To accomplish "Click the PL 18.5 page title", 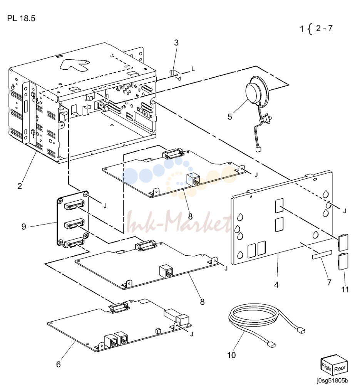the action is pyautogui.click(x=21, y=18).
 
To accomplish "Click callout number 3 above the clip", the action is pyautogui.click(x=176, y=43).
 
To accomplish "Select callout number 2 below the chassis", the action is pyautogui.click(x=20, y=186).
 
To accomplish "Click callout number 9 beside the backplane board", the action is pyautogui.click(x=24, y=226).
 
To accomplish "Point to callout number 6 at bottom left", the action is pyautogui.click(x=58, y=364).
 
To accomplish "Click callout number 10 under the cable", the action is pyautogui.click(x=231, y=355).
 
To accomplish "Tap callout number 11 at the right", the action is pyautogui.click(x=345, y=289).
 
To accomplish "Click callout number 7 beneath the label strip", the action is pyautogui.click(x=329, y=282).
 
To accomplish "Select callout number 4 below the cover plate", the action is pyautogui.click(x=276, y=285).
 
